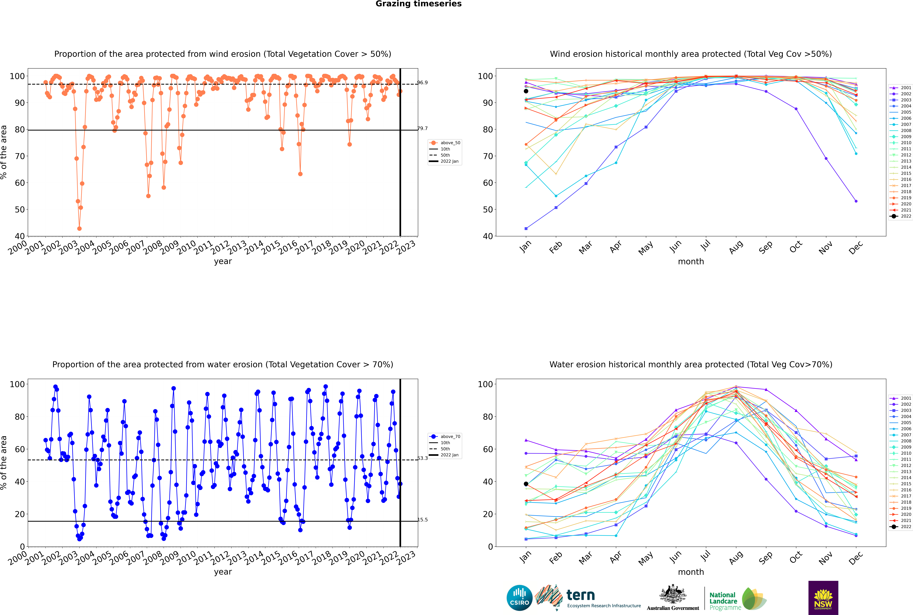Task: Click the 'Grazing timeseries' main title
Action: [418, 4]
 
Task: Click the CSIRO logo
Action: [519, 598]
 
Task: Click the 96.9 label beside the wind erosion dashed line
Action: [422, 83]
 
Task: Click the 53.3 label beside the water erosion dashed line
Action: [422, 458]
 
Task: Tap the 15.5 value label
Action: [422, 520]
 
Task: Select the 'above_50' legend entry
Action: [450, 143]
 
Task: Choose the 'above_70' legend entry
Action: [450, 437]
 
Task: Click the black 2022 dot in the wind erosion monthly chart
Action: [526, 91]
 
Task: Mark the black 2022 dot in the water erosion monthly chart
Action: [526, 484]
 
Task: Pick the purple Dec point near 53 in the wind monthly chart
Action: [856, 201]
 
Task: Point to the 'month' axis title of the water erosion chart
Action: [691, 572]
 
